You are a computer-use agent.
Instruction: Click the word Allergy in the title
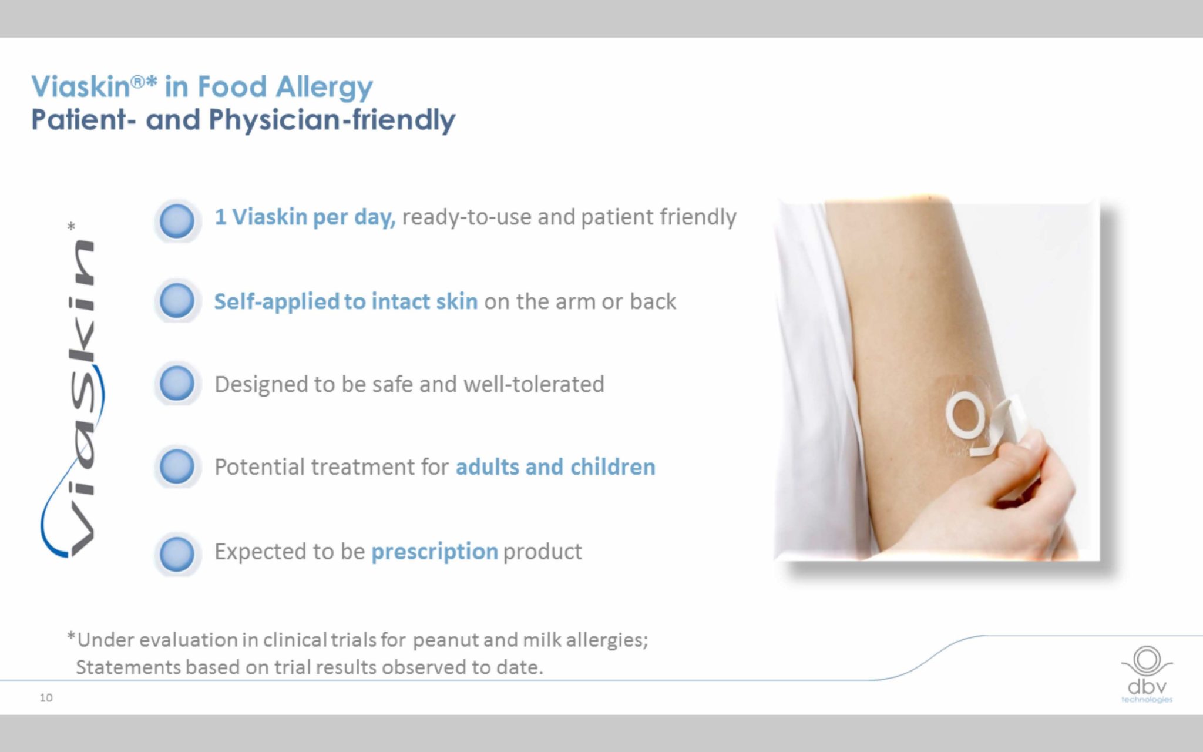pyautogui.click(x=324, y=87)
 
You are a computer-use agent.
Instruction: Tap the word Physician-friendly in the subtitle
pyautogui.click(x=332, y=120)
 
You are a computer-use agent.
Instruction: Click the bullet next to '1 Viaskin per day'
pyautogui.click(x=177, y=221)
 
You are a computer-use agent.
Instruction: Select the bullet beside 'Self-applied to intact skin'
pyautogui.click(x=177, y=301)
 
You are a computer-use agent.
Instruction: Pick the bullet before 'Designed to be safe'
pyautogui.click(x=177, y=384)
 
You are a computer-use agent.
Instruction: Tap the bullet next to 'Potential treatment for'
pyautogui.click(x=177, y=466)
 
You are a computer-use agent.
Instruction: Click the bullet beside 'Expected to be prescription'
pyautogui.click(x=177, y=553)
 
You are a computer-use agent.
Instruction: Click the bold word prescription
pyautogui.click(x=435, y=552)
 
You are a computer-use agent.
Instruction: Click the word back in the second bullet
pyautogui.click(x=653, y=301)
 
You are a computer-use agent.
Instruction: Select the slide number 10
pyautogui.click(x=46, y=698)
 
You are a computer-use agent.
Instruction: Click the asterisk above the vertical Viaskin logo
pyautogui.click(x=72, y=226)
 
